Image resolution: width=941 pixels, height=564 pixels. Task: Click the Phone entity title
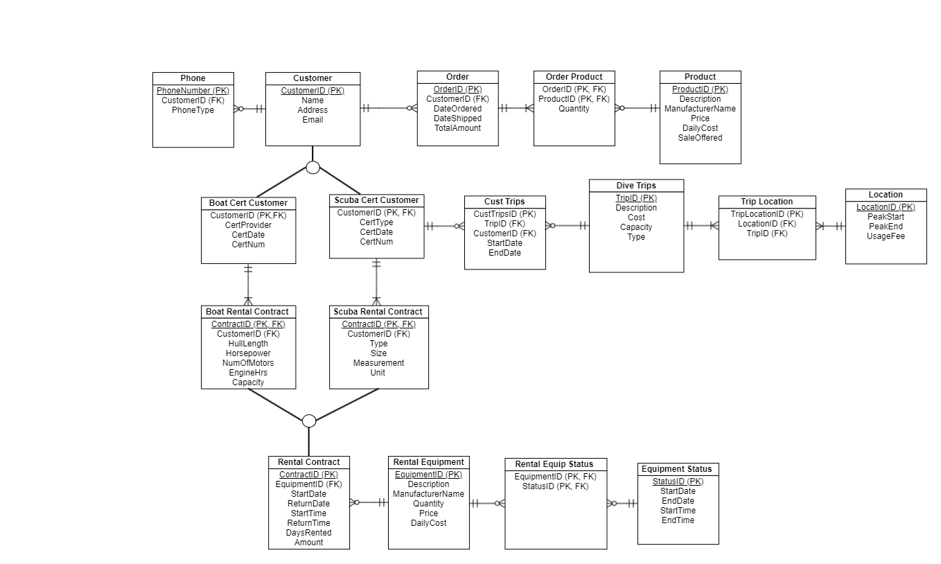[193, 78]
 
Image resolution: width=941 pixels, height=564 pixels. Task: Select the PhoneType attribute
[193, 110]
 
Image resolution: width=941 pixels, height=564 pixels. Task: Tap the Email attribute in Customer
[313, 120]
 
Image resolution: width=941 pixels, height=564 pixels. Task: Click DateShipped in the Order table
[457, 118]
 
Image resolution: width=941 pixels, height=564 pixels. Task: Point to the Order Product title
[574, 77]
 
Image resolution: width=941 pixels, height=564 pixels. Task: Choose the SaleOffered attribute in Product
[700, 138]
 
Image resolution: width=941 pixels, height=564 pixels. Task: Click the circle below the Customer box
[313, 168]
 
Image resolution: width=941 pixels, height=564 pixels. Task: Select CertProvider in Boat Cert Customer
[248, 225]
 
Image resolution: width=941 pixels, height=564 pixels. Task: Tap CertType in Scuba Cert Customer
[376, 222]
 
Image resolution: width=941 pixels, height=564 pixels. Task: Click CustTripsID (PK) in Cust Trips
[504, 214]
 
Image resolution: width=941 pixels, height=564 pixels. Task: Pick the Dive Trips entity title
[636, 186]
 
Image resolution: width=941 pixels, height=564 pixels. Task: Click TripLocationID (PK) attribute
[766, 214]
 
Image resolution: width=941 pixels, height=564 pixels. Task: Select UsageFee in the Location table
[886, 236]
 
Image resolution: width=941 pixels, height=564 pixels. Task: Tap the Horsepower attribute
[248, 353]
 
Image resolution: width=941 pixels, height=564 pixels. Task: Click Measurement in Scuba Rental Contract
[378, 363]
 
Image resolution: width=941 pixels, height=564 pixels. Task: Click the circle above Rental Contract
[309, 421]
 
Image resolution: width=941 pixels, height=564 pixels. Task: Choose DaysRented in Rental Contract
[309, 533]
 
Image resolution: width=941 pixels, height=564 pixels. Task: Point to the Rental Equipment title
[428, 462]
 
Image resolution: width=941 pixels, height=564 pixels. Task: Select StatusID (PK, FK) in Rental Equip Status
[555, 486]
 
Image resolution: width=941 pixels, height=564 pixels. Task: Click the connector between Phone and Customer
[249, 109]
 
